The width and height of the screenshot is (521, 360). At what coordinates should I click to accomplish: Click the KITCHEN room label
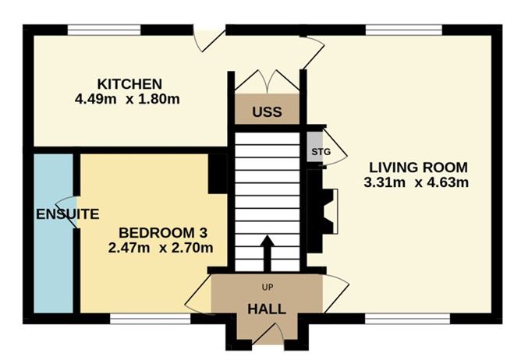[x=129, y=84]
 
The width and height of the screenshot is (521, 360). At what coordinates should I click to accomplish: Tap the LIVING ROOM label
[x=418, y=167]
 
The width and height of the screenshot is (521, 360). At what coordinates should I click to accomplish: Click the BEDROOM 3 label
[x=161, y=233]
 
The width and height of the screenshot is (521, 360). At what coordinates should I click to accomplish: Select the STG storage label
[x=316, y=152]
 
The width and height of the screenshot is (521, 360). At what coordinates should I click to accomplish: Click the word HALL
[x=266, y=309]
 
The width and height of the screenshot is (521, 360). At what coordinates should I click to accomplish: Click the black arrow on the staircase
[x=266, y=250]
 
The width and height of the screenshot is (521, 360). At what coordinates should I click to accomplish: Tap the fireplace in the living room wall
[x=330, y=211]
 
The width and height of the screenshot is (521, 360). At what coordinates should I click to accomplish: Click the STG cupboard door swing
[x=334, y=154]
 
